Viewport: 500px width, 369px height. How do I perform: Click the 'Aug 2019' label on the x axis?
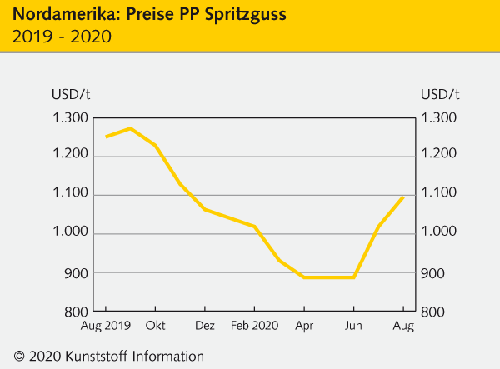pyautogui.click(x=106, y=326)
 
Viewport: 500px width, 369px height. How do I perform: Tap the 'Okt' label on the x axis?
pyautogui.click(x=156, y=326)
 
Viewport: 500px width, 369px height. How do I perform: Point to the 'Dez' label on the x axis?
pyautogui.click(x=205, y=326)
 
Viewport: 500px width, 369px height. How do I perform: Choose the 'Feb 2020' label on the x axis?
pyautogui.click(x=255, y=326)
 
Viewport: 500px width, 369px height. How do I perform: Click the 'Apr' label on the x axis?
pyautogui.click(x=304, y=326)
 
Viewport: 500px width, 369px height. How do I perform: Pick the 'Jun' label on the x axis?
pyautogui.click(x=354, y=326)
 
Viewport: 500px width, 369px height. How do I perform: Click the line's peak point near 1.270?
pyautogui.click(x=130, y=128)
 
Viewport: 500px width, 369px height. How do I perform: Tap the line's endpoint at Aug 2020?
pyautogui.click(x=403, y=197)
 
